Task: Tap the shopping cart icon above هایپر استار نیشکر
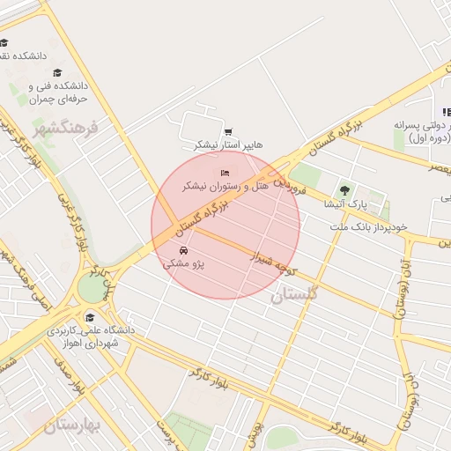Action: [x=228, y=132]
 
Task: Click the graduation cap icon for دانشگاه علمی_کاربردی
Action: [x=89, y=317]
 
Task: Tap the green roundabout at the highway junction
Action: [x=91, y=287]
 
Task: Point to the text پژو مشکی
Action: [x=183, y=264]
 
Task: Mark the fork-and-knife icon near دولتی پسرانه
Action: [x=447, y=112]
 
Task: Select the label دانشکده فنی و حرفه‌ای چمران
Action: [x=59, y=93]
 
